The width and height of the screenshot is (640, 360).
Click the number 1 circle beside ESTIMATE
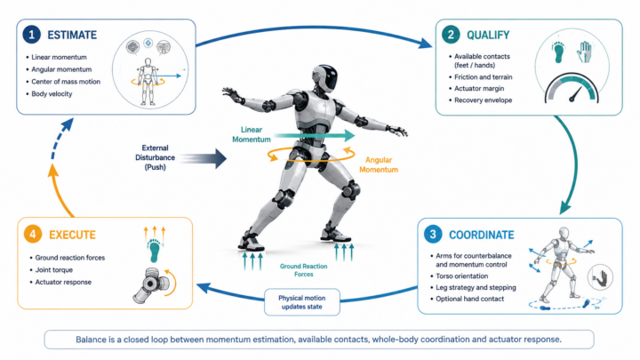click(31, 35)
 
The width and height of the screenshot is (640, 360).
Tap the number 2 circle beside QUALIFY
click(451, 35)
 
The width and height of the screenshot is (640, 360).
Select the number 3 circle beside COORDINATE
click(433, 235)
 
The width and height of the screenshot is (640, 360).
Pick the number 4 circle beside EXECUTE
click(33, 235)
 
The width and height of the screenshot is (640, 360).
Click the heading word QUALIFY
click(488, 35)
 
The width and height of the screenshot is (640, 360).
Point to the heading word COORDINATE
click(481, 235)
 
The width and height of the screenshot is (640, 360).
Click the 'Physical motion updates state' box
click(302, 302)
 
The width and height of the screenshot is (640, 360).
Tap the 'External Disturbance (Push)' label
click(155, 157)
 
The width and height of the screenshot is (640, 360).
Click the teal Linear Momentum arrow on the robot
click(315, 135)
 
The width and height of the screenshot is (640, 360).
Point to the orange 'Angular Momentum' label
click(379, 165)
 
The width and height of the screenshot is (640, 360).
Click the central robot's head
click(325, 77)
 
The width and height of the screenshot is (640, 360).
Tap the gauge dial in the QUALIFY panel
click(572, 89)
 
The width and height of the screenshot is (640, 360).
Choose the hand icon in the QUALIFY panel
click(584, 52)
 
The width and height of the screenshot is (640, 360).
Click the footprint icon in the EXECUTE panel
click(155, 250)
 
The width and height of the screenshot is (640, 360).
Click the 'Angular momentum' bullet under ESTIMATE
click(61, 69)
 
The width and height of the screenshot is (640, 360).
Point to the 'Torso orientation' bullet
click(461, 276)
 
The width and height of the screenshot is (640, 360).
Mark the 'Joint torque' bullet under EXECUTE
click(53, 270)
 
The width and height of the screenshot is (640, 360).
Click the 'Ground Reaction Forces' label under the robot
click(304, 270)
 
